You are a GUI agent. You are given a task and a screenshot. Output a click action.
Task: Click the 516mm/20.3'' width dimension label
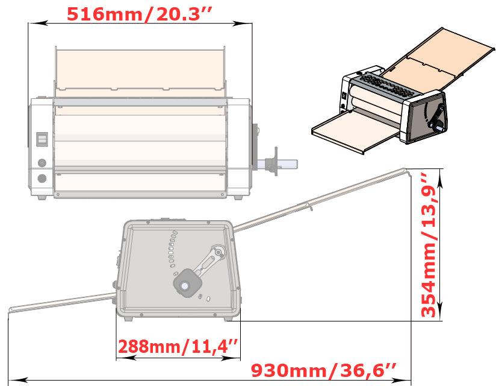[139, 13]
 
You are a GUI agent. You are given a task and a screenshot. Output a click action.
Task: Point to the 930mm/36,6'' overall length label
[323, 369]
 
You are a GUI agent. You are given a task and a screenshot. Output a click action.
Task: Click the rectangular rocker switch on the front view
[42, 140]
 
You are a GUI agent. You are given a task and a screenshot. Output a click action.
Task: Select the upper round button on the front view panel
[42, 163]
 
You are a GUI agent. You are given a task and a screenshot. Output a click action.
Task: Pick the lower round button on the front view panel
[42, 178]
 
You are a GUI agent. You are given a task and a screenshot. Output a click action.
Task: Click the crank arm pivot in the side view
[217, 252]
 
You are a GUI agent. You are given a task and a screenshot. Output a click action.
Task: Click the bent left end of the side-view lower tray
[11, 310]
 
